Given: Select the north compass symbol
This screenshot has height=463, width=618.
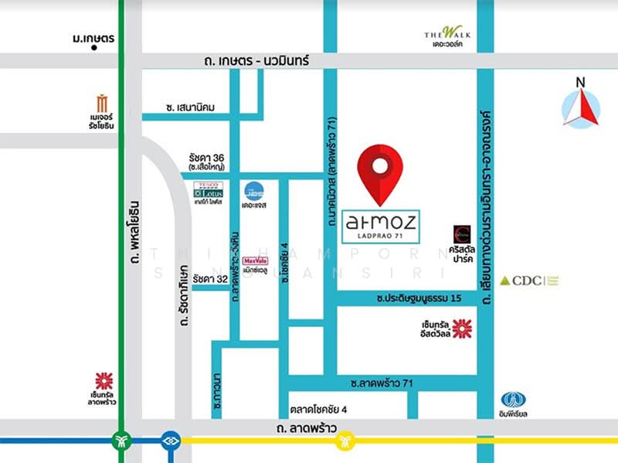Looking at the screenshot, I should click(582, 107).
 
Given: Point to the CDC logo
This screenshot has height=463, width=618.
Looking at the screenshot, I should click(529, 281).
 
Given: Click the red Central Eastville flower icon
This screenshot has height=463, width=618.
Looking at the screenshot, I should click(462, 329).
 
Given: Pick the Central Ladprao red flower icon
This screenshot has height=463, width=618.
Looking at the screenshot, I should click(104, 380).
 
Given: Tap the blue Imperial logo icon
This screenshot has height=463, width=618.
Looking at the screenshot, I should click(513, 400).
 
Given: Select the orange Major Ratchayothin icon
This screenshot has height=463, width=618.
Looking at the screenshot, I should click(103, 103).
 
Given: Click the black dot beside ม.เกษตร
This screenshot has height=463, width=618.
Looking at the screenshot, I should click(93, 47).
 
